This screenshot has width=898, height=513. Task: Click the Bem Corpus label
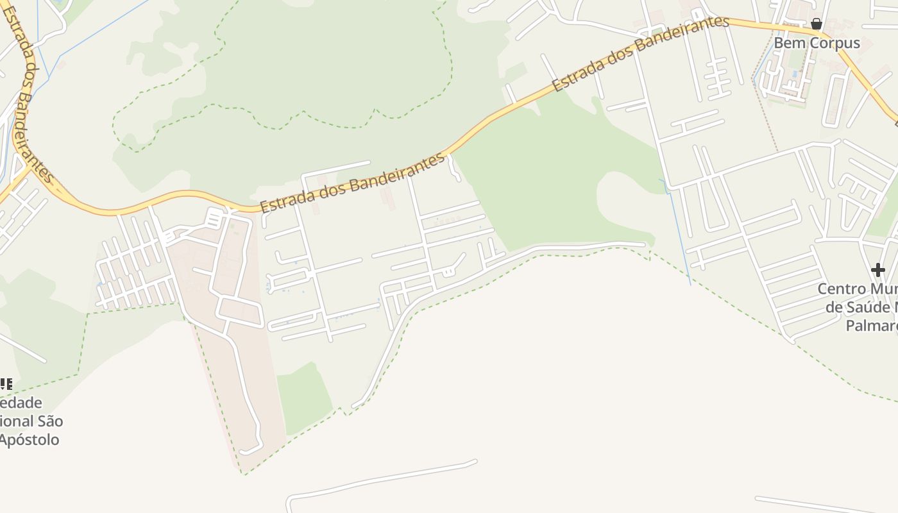[817, 43]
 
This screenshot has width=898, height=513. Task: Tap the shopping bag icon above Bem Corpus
[817, 24]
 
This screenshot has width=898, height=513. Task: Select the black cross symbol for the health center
[877, 270]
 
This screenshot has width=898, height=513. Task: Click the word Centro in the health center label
[841, 289]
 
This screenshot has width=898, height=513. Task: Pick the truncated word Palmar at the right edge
[871, 326]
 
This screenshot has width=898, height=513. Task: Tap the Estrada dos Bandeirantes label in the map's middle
[352, 183]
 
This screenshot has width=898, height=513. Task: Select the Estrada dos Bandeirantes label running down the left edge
[28, 93]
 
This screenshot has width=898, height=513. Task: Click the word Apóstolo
[30, 440]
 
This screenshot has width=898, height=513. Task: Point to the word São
[51, 421]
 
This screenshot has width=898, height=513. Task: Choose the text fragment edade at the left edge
[21, 403]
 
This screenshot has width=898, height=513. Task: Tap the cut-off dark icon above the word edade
[6, 384]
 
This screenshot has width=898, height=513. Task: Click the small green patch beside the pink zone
[303, 398]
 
